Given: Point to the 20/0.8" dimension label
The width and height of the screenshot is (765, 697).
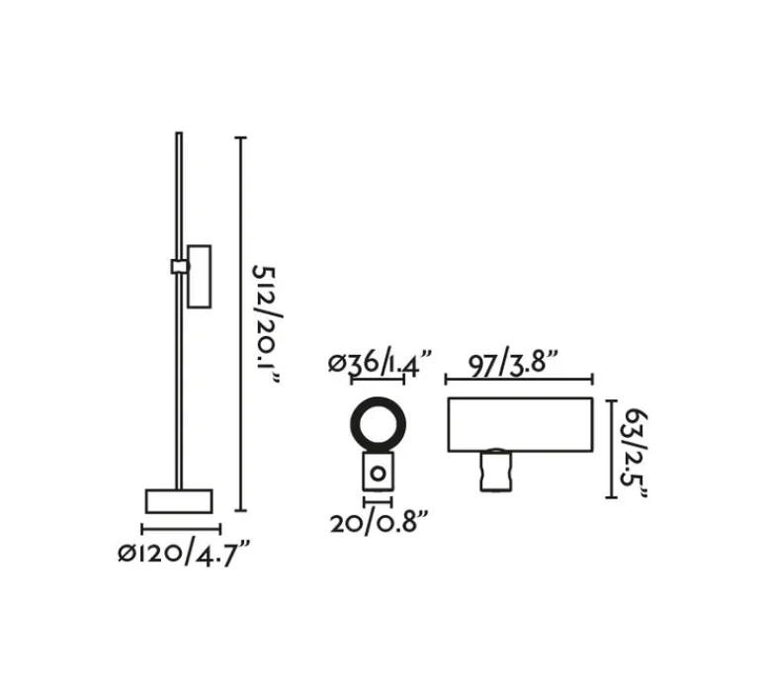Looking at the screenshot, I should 380,522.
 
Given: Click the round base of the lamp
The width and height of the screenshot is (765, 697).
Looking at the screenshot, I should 179,500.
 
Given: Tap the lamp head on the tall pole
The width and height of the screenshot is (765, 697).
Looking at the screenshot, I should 199,276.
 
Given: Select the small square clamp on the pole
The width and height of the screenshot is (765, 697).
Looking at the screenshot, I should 179,266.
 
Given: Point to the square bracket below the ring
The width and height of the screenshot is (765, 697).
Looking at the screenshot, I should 377,474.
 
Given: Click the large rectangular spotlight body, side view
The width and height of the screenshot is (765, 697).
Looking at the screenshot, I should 519,424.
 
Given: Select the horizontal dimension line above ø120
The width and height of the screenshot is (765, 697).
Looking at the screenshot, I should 181,529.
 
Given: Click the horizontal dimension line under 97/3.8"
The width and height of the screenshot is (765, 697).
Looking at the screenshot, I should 519,379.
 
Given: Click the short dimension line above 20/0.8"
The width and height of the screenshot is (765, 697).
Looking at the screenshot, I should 377,502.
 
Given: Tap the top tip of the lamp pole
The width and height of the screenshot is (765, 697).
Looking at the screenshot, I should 179,134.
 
